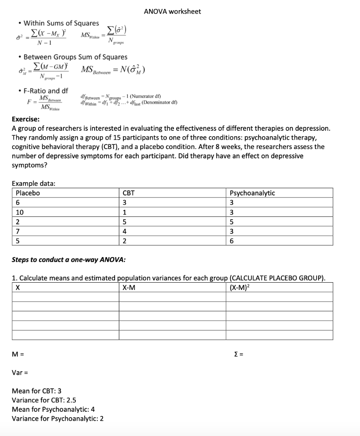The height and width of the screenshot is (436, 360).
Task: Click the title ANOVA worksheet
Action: click(x=172, y=11)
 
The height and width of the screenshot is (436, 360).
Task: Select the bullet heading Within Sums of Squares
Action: click(x=61, y=23)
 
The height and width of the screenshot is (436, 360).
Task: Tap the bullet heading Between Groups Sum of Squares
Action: click(x=75, y=57)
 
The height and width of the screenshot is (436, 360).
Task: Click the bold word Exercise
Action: click(x=26, y=119)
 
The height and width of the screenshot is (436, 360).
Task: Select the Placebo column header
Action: click(x=28, y=193)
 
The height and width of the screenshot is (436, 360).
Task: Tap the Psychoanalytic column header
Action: click(x=252, y=193)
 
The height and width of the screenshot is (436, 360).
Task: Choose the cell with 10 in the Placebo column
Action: click(x=20, y=212)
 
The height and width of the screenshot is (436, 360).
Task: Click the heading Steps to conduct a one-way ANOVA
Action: click(x=69, y=259)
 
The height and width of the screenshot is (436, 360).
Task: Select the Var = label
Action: click(x=20, y=373)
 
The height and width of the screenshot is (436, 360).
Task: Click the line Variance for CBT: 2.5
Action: click(x=44, y=400)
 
